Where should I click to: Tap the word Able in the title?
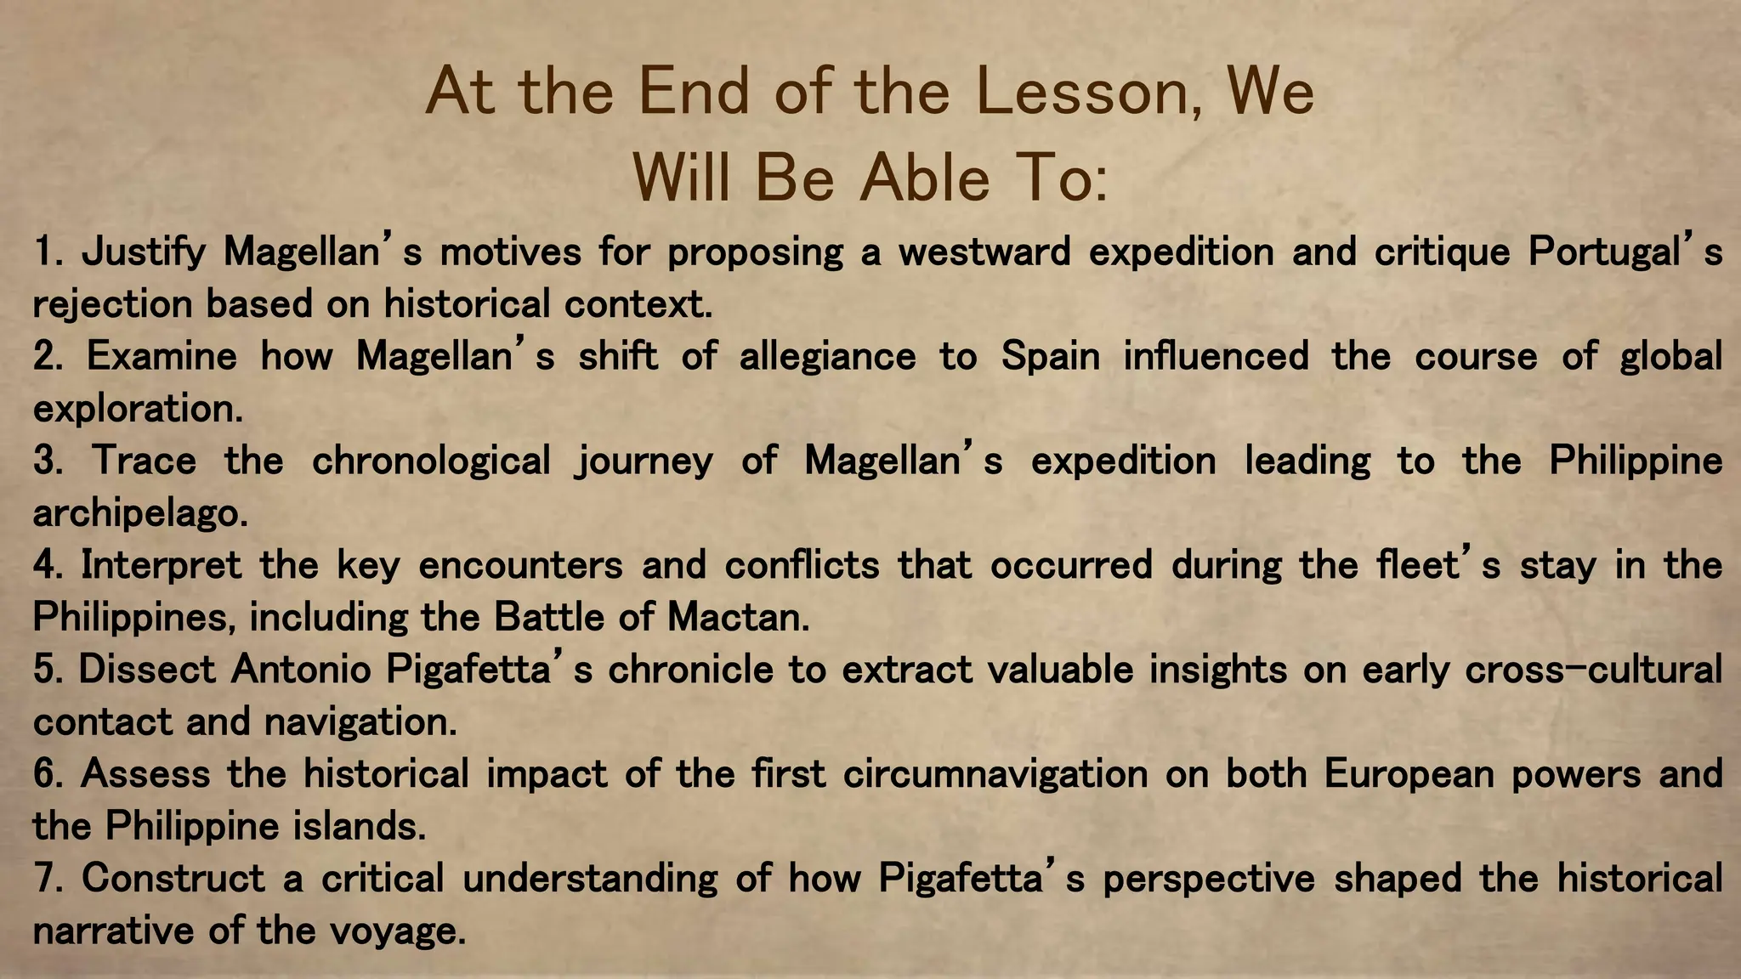click(x=924, y=178)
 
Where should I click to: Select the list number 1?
click(x=48, y=252)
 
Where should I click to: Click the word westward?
click(x=984, y=252)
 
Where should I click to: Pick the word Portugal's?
click(x=1625, y=252)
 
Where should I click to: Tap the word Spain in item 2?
click(x=1051, y=356)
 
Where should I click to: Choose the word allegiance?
click(x=827, y=356)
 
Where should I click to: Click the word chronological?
click(x=431, y=461)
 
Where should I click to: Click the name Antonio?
click(x=301, y=670)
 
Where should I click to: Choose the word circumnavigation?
click(x=995, y=774)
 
